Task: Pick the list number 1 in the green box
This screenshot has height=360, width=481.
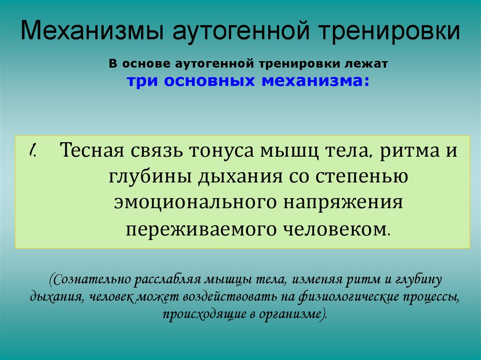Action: click(33, 151)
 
